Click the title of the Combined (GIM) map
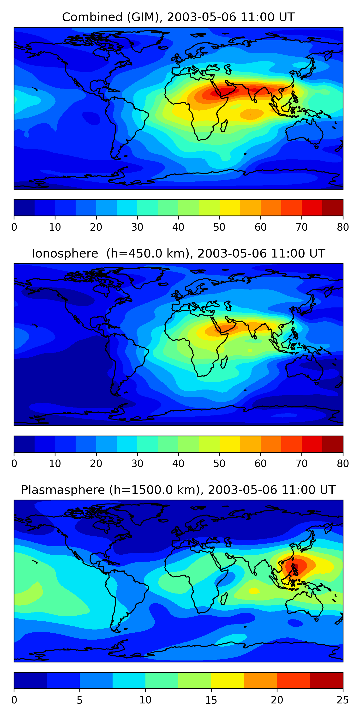click(x=178, y=17)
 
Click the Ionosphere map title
click(x=178, y=254)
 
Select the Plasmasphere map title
click(x=178, y=490)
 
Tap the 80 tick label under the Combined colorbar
click(x=343, y=227)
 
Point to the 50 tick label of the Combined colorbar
click(x=219, y=227)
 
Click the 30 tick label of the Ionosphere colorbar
click(x=137, y=463)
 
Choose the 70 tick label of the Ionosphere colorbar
click(x=302, y=463)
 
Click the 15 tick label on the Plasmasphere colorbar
click(x=211, y=700)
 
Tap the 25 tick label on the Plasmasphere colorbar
click(x=343, y=700)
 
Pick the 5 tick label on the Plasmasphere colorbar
click(x=80, y=700)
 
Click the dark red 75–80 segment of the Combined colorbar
click(x=333, y=208)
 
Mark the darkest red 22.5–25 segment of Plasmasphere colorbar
click(x=326, y=680)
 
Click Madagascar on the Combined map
click(x=224, y=126)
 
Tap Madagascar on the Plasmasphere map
click(x=224, y=598)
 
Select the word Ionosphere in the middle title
click(x=65, y=254)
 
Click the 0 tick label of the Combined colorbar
click(x=14, y=227)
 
